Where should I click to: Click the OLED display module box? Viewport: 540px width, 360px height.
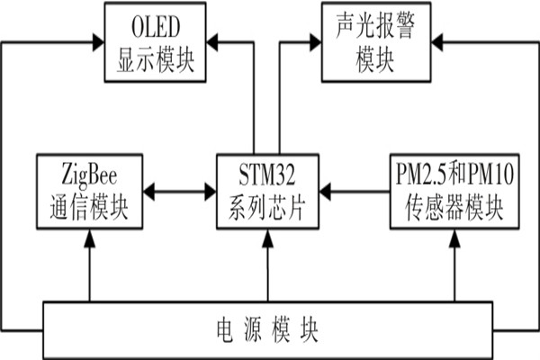(x=155, y=42)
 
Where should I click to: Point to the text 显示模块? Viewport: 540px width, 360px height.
(x=155, y=60)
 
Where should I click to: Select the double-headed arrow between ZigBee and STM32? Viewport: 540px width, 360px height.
(x=180, y=192)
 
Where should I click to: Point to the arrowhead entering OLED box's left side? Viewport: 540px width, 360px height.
(x=98, y=40)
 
